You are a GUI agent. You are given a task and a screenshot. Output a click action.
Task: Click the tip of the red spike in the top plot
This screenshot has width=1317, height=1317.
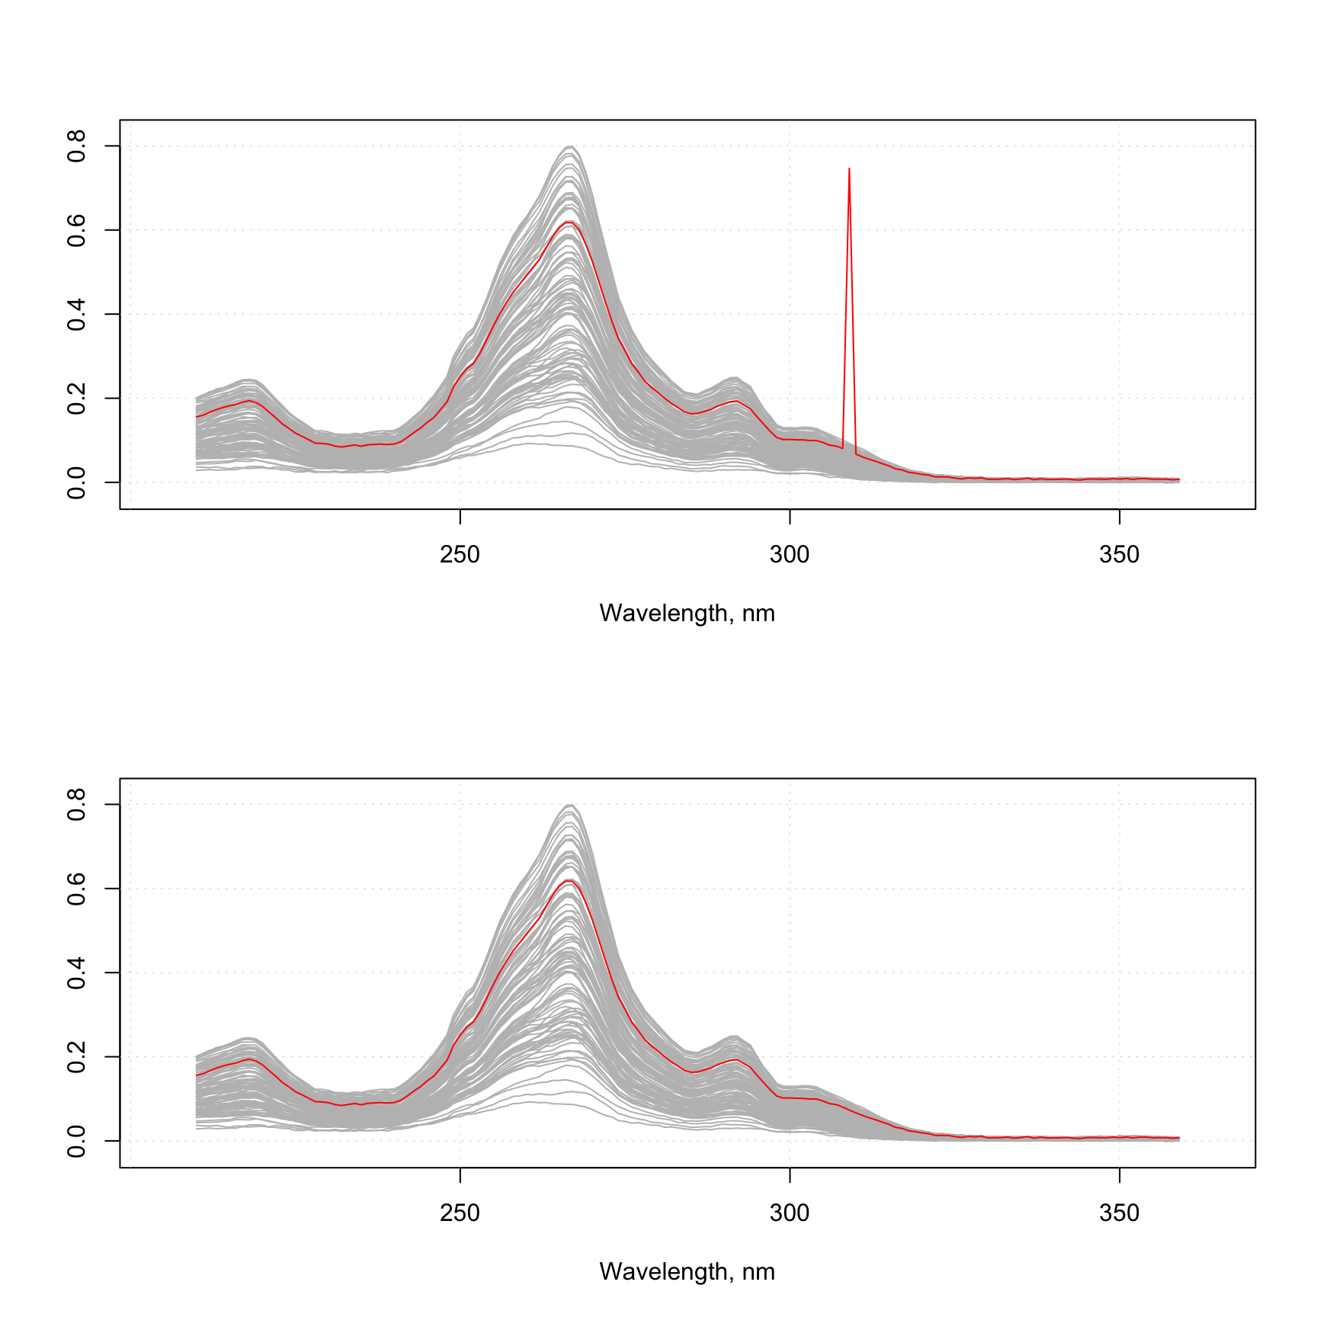pos(849,169)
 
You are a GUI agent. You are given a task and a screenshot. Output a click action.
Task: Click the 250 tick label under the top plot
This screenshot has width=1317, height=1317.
pos(460,555)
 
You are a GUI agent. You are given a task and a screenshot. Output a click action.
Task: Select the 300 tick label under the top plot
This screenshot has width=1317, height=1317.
pos(790,555)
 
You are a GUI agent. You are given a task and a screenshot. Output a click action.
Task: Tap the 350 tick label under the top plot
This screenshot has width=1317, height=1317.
pos(1119,555)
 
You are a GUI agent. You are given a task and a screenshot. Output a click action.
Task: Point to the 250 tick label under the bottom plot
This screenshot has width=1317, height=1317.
pos(460,1213)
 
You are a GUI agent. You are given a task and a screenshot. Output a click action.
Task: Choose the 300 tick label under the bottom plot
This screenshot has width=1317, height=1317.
pos(790,1213)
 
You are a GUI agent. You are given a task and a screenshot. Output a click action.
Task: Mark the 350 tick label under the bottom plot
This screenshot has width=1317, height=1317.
pos(1119,1213)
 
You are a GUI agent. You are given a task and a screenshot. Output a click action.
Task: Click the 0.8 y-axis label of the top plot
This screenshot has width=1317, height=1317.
pos(76,146)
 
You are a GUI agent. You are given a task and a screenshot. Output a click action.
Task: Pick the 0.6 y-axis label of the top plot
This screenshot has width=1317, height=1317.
pos(76,230)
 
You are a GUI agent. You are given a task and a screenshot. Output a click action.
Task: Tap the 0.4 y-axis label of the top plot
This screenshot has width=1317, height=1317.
pos(76,314)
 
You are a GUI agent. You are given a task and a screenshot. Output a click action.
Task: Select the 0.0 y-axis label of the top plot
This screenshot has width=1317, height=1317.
pos(76,482)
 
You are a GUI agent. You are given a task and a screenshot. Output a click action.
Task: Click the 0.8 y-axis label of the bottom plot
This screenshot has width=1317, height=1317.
pos(76,804)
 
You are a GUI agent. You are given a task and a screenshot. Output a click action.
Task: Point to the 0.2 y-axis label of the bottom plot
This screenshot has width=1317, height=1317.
pos(76,1056)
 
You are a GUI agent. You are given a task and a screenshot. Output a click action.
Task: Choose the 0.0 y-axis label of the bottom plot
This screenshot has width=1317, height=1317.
pos(76,1141)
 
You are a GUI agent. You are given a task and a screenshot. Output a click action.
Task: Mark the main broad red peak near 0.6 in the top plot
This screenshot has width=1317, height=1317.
pos(569,223)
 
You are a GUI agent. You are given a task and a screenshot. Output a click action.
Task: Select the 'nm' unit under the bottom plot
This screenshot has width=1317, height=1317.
pos(758,1272)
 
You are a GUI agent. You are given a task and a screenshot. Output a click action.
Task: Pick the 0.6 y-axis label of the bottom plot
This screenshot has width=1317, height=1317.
pos(76,889)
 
